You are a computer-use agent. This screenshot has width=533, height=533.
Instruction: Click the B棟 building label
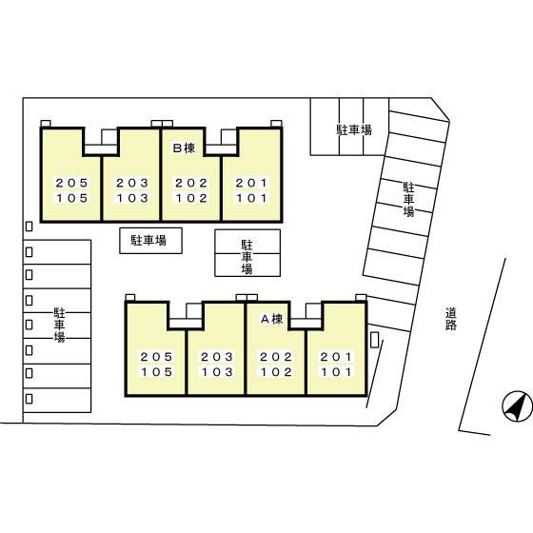(185, 148)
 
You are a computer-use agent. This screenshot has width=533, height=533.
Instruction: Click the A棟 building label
(271, 319)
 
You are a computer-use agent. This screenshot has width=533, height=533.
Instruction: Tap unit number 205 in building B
(72, 183)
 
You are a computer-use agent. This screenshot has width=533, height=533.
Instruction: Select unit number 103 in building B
(132, 198)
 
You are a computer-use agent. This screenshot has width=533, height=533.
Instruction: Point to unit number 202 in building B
(191, 183)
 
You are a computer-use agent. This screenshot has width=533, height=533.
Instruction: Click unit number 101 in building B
(252, 198)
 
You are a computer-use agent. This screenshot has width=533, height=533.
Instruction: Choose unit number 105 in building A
(157, 372)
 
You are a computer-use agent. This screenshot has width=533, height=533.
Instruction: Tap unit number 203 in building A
(217, 357)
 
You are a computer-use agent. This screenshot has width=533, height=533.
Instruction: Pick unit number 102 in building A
(276, 372)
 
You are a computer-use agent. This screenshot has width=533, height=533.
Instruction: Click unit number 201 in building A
(337, 357)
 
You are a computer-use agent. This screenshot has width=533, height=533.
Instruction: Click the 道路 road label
(451, 319)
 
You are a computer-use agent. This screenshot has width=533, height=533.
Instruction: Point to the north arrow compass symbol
(518, 405)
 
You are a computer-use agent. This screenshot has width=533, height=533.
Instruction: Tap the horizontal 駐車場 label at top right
(354, 129)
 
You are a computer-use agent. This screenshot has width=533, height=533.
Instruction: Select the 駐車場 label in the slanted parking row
(408, 200)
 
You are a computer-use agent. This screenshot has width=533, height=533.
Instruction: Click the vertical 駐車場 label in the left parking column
(59, 325)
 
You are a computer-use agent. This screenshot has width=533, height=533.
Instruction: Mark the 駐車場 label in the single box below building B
(148, 240)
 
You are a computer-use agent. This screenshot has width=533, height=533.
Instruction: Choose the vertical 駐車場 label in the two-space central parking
(247, 257)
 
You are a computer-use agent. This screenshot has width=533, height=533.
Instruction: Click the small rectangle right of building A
(375, 340)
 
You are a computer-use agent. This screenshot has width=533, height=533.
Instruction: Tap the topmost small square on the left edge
(30, 227)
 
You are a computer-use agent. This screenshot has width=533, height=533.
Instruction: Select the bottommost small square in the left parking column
(30, 399)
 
